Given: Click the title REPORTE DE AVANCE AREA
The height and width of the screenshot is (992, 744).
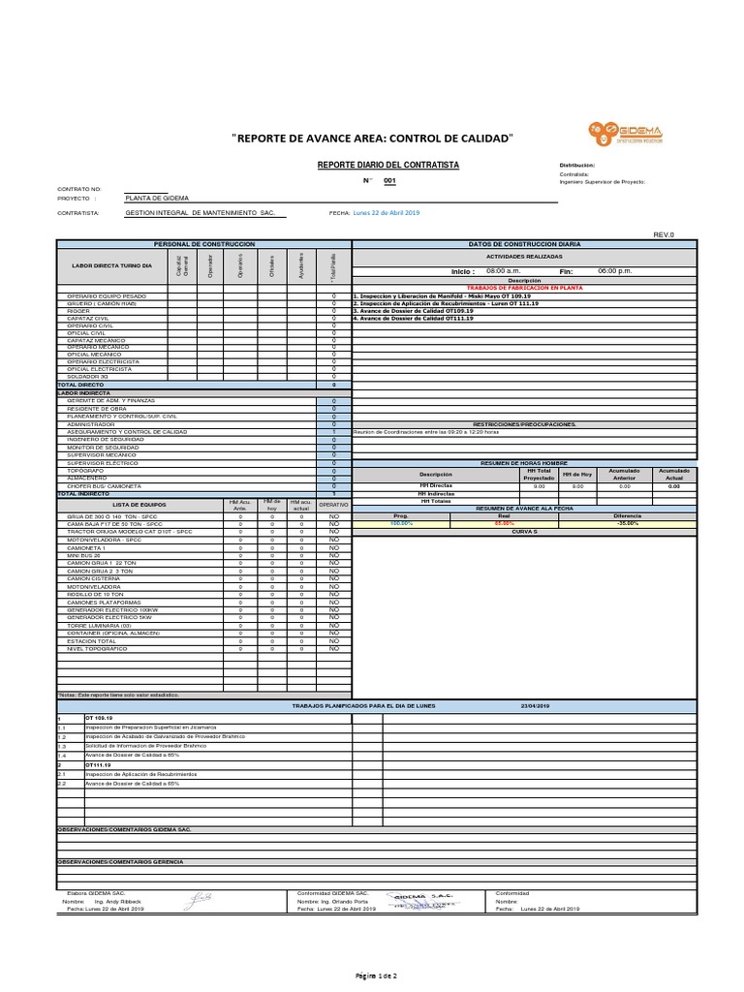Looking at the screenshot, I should coord(373,139).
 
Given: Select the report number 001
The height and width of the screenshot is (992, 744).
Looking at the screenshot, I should coord(389,181).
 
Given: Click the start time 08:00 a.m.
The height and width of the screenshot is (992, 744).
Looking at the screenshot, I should coord(504,272).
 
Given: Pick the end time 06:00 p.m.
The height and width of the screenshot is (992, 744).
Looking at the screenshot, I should coord(615,272).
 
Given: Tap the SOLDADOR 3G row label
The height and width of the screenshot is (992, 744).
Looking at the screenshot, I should coord(88,376).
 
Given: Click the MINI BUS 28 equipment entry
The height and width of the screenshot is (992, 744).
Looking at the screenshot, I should coord(84,554).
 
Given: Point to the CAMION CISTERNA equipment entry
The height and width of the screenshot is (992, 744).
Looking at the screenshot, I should coord(94,578).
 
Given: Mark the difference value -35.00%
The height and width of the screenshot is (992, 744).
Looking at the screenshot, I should coord(627,523).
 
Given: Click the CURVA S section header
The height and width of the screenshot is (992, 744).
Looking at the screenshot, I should coord(523,531).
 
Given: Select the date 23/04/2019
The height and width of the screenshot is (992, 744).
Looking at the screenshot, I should coord(535,706).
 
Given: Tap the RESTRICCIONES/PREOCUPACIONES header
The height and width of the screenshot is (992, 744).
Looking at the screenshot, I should coord(524,424).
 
